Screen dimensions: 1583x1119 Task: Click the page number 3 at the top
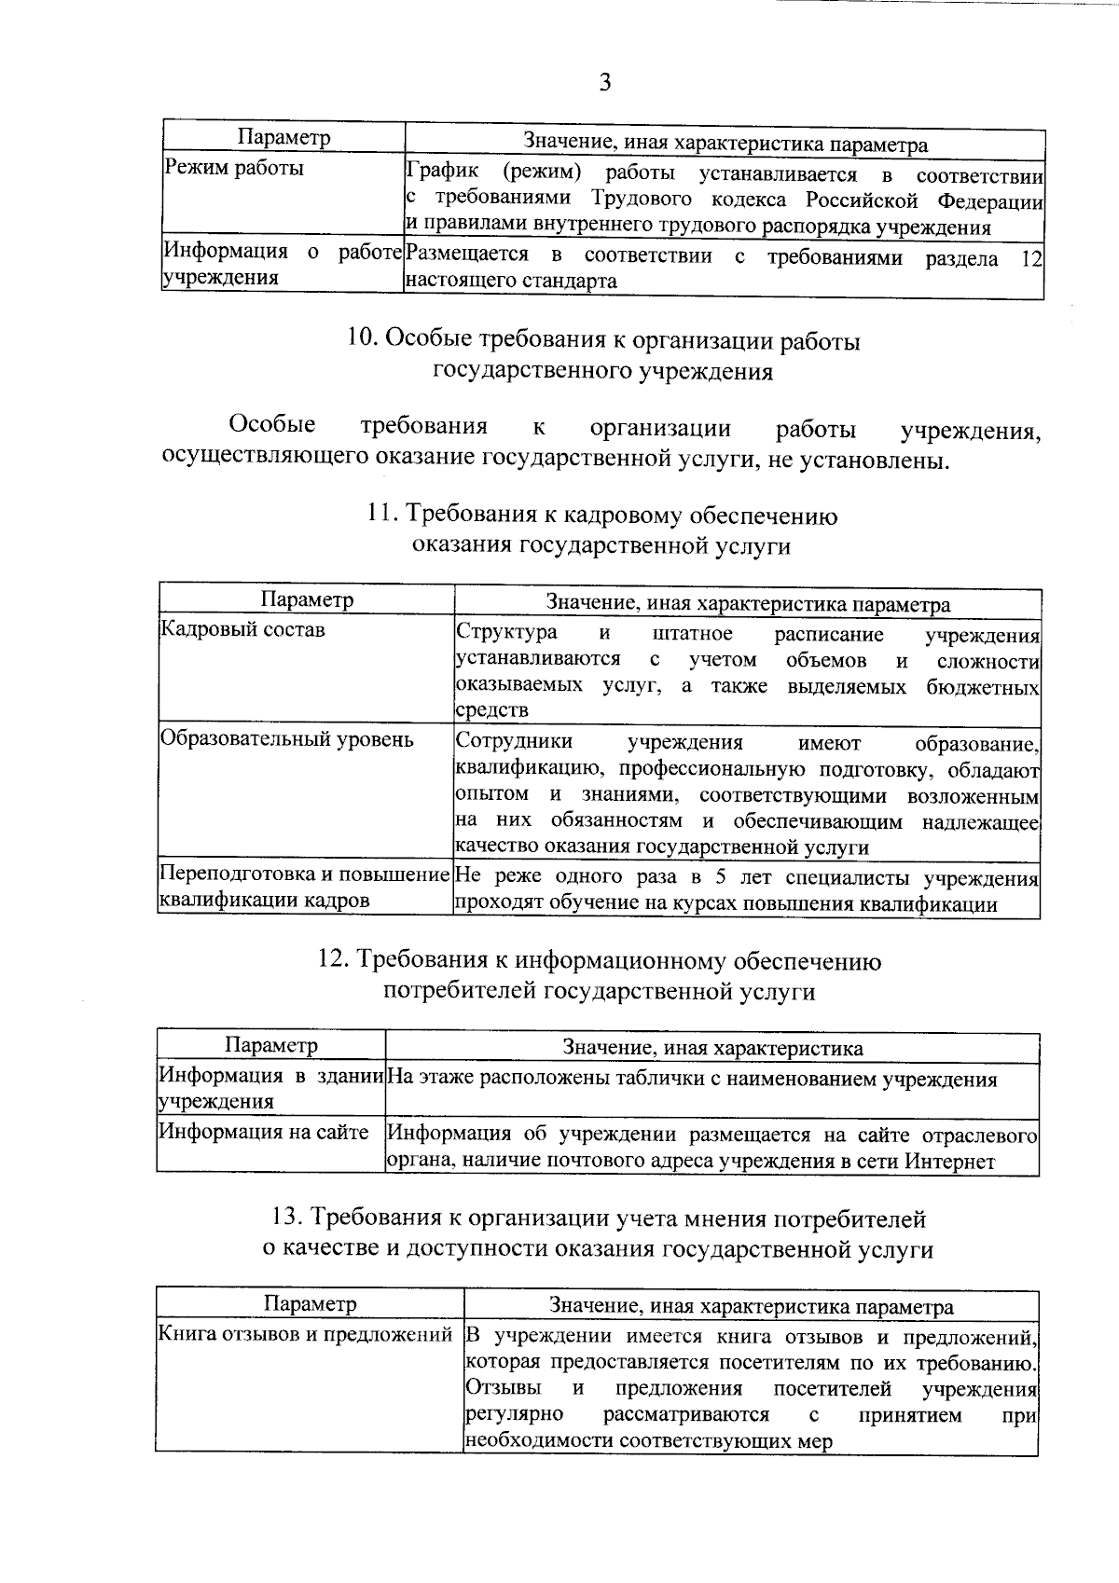click(604, 83)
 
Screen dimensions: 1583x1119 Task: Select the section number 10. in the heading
click(362, 341)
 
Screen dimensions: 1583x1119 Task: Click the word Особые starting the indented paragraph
click(272, 425)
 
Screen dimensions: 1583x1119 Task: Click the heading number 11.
click(382, 516)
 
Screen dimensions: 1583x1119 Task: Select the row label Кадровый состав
click(243, 629)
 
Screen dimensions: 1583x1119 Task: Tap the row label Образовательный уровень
click(286, 739)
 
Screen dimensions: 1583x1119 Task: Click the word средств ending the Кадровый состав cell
click(491, 709)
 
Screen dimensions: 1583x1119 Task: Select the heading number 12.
click(335, 960)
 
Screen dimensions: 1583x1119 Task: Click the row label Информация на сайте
click(263, 1132)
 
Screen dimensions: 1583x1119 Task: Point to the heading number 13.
click(286, 1218)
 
